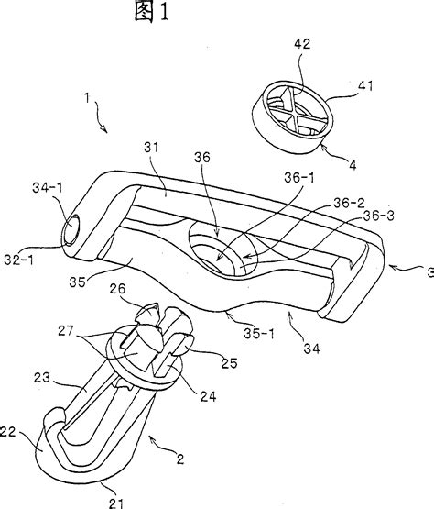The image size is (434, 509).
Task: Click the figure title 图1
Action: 152,12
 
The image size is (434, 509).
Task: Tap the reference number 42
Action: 302,44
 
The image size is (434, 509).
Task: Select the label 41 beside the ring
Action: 365,86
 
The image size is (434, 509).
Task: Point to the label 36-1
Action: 298,178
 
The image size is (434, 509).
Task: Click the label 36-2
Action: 349,204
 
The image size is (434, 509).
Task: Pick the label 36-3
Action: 378,216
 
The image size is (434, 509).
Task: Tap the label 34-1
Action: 48,188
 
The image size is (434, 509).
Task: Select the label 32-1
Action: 19,260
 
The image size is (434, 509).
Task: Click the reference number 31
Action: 151,148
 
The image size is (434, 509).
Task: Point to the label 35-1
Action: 258,334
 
